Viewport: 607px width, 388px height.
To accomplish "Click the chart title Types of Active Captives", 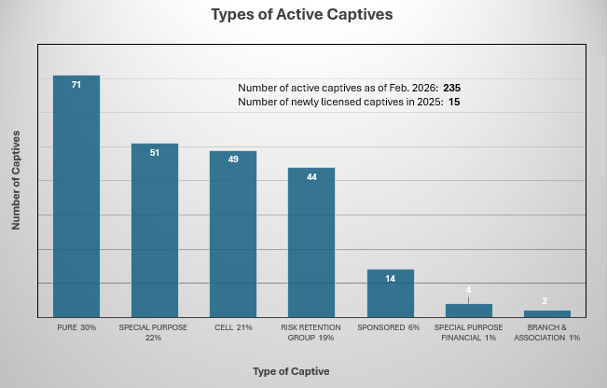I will click(x=303, y=15).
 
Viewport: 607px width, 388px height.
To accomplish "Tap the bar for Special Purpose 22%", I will click(x=155, y=233).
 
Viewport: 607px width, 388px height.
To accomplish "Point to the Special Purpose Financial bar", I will click(x=468, y=311).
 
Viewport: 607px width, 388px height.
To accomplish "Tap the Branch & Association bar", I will click(x=546, y=313).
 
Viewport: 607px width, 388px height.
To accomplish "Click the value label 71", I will click(x=76, y=85).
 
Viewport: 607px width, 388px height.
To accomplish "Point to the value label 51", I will click(x=155, y=152).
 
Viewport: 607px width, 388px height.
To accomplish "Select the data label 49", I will click(x=233, y=159).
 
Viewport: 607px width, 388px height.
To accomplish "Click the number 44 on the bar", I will click(x=311, y=176).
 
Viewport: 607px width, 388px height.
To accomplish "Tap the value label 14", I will click(x=390, y=279).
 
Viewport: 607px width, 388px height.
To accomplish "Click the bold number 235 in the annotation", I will click(x=452, y=88).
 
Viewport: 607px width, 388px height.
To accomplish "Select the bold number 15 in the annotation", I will click(x=455, y=101).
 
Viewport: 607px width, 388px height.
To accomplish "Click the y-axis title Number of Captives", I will click(x=16, y=180).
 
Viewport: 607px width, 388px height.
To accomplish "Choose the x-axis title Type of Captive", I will click(x=291, y=371).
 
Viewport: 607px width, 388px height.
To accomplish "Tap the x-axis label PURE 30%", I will click(x=76, y=327).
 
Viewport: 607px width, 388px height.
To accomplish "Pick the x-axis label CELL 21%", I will click(x=233, y=327).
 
